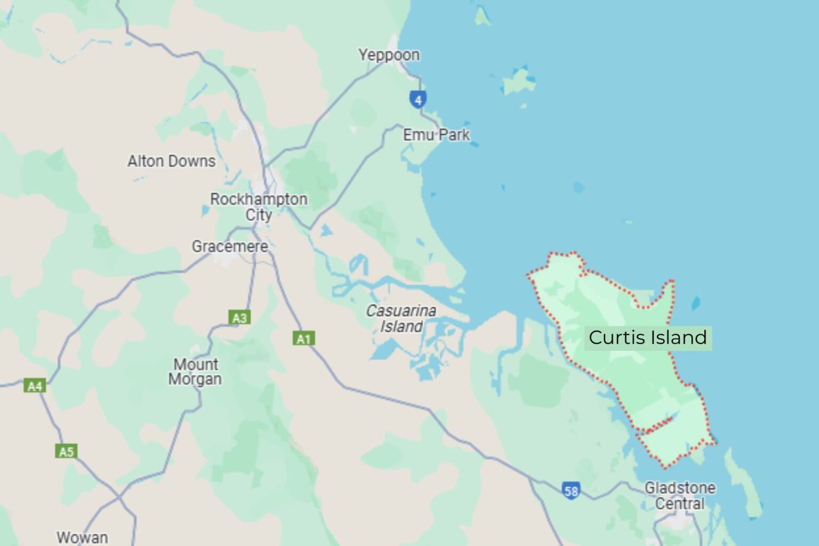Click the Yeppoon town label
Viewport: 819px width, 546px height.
point(389,55)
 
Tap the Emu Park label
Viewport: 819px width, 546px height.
point(436,135)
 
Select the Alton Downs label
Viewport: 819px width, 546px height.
point(171,161)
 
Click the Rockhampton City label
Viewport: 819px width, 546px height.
point(259,207)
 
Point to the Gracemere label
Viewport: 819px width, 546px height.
point(230,246)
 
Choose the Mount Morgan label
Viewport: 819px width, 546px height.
point(195,372)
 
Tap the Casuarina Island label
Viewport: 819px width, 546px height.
point(401,318)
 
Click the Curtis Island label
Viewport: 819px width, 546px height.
point(647,338)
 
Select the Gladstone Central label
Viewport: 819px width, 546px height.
point(680,495)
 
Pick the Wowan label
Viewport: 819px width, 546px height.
point(82,537)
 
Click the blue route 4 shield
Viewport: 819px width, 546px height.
point(418,99)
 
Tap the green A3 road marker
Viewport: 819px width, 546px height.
point(239,318)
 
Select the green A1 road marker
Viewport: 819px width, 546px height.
point(303,339)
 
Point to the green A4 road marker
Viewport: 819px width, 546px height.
point(35,386)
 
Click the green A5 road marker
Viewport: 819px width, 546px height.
point(66,452)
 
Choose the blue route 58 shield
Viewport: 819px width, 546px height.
point(571,490)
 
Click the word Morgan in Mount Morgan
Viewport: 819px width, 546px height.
point(195,379)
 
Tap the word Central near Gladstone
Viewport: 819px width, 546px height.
point(680,503)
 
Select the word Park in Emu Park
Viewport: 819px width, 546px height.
point(455,135)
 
